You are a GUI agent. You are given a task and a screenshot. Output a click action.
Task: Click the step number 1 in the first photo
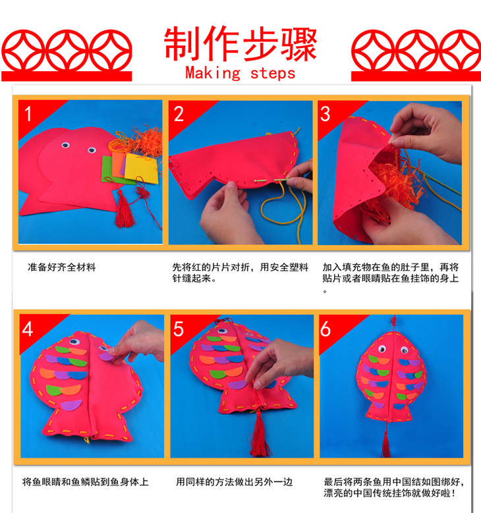click(x=28, y=114)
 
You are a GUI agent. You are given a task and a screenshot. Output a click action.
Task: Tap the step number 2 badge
click(x=179, y=114)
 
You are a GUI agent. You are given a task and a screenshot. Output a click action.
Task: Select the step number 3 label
click(x=325, y=114)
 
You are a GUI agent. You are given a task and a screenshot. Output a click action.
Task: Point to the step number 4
click(x=28, y=329)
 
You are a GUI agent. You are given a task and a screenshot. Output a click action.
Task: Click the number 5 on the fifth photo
click(x=179, y=329)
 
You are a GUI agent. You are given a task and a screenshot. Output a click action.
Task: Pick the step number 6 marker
click(x=325, y=329)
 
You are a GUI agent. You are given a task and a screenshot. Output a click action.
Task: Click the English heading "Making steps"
click(x=240, y=73)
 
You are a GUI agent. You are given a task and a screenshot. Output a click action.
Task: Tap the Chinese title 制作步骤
click(x=240, y=43)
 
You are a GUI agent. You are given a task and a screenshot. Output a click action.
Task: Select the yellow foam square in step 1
click(x=142, y=168)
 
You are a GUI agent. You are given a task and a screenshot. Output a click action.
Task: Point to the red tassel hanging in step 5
click(x=260, y=433)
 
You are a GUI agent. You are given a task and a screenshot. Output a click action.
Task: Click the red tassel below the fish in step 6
click(x=386, y=445)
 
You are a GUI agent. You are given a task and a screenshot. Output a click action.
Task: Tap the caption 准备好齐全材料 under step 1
click(x=61, y=267)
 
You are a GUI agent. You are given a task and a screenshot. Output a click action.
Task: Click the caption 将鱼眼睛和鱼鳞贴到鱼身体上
click(x=86, y=482)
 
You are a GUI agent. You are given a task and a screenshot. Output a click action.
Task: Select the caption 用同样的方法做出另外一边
click(x=234, y=482)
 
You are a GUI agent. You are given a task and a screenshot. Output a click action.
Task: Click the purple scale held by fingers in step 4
click(x=107, y=356)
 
